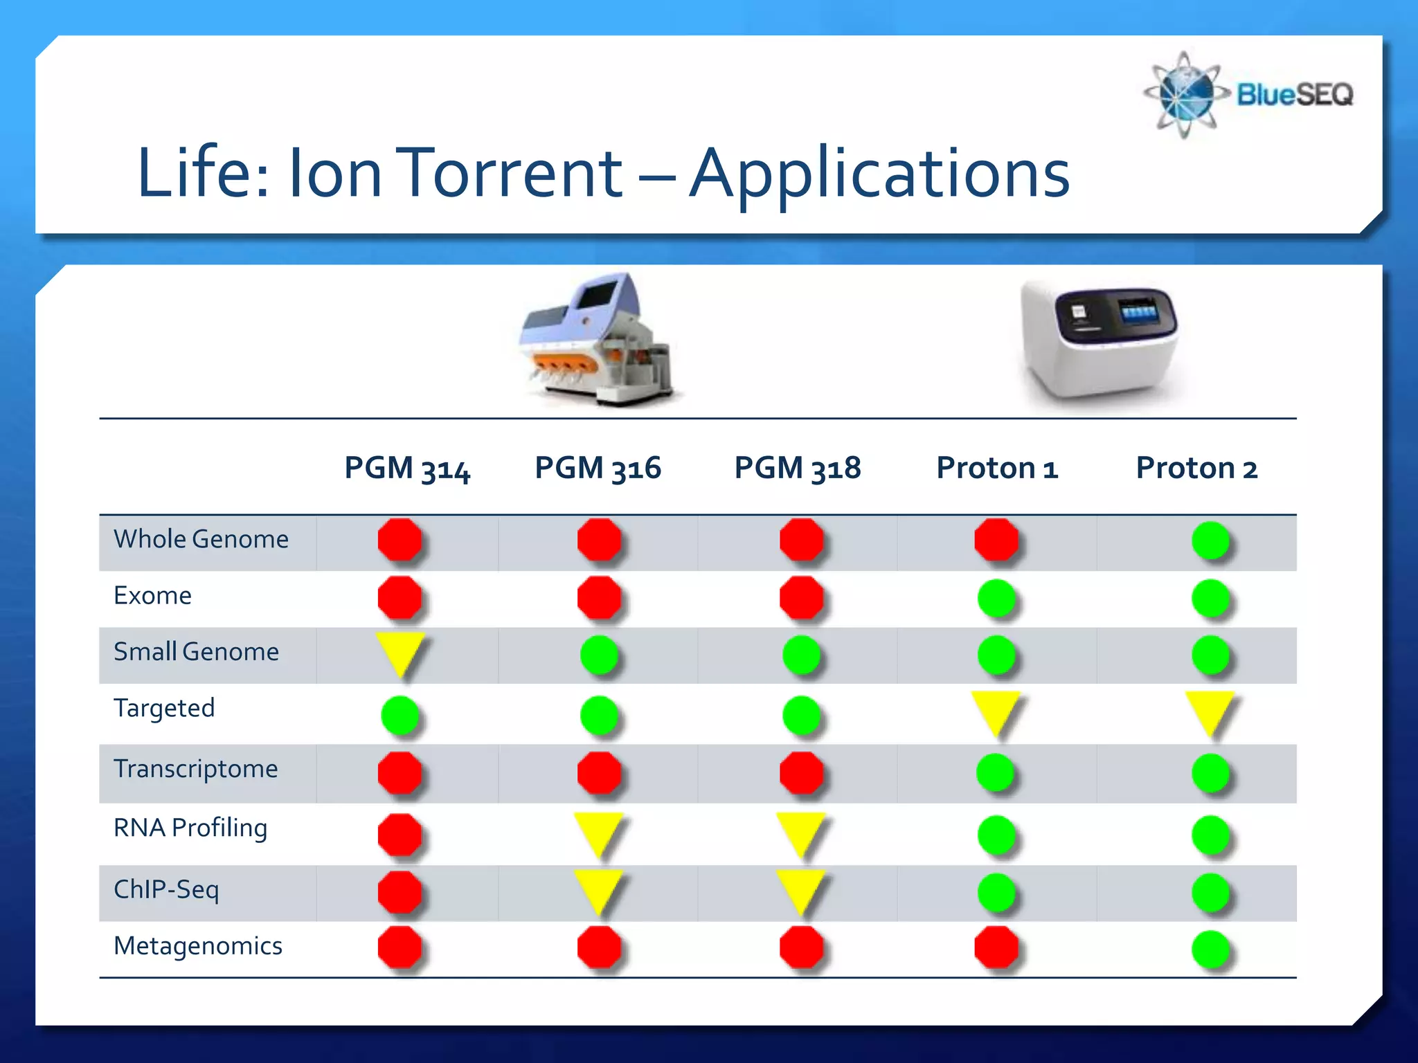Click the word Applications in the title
(879, 174)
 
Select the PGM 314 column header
(407, 469)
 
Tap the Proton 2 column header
(1196, 469)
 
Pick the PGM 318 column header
(797, 469)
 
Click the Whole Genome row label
(201, 539)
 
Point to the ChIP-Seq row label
(166, 889)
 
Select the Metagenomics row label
(198, 946)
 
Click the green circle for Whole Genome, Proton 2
(1210, 540)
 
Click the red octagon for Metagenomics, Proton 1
(996, 947)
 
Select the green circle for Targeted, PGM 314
(400, 715)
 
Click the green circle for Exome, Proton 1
(996, 598)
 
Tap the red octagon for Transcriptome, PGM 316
(599, 772)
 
